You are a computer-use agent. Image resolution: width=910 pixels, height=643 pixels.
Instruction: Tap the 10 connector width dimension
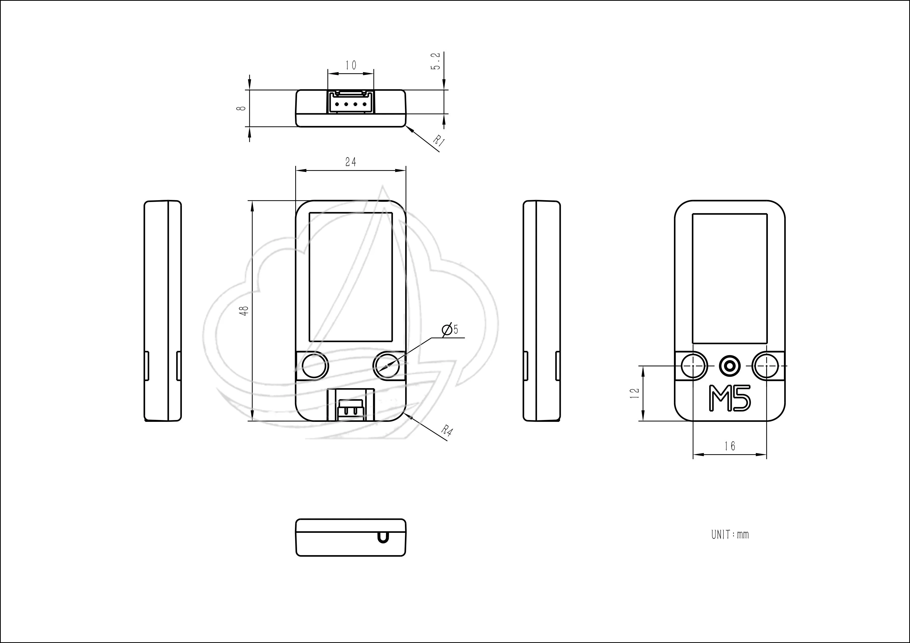pos(351,65)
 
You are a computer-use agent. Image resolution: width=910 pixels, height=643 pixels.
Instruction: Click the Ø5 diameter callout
pos(450,330)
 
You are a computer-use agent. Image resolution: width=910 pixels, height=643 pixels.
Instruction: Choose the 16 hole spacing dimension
pos(730,446)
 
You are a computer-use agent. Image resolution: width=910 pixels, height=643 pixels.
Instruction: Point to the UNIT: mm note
pos(730,534)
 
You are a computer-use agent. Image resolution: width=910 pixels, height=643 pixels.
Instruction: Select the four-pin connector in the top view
pos(351,102)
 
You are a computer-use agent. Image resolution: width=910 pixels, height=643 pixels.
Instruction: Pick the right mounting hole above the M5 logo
pos(765,366)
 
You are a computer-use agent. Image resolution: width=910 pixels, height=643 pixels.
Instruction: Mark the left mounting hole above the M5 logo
pos(694,366)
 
